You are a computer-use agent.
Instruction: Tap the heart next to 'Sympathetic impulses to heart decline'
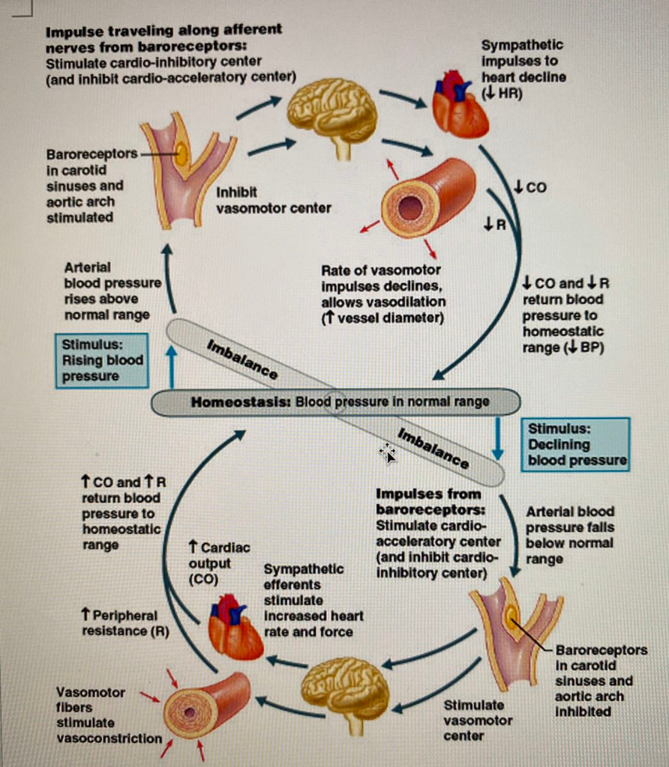click(x=459, y=105)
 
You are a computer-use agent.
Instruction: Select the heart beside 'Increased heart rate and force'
click(x=234, y=628)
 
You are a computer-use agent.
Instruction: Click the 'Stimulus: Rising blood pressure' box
click(x=101, y=360)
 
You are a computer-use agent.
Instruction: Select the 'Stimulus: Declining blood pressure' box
click(x=575, y=444)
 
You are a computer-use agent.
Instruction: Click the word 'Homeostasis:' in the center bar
click(x=241, y=401)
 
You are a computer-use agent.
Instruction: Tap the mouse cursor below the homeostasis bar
click(x=388, y=452)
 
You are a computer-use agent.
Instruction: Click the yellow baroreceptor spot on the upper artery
click(x=181, y=154)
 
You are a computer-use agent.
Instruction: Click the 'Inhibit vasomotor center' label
click(x=273, y=200)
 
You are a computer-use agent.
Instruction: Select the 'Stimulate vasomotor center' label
click(x=477, y=720)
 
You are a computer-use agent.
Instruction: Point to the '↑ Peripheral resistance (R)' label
click(x=124, y=622)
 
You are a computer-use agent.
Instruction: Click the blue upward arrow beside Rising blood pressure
click(x=172, y=366)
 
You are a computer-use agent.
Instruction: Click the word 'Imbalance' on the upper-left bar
click(x=241, y=358)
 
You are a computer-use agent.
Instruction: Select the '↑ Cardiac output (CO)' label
click(x=217, y=563)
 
